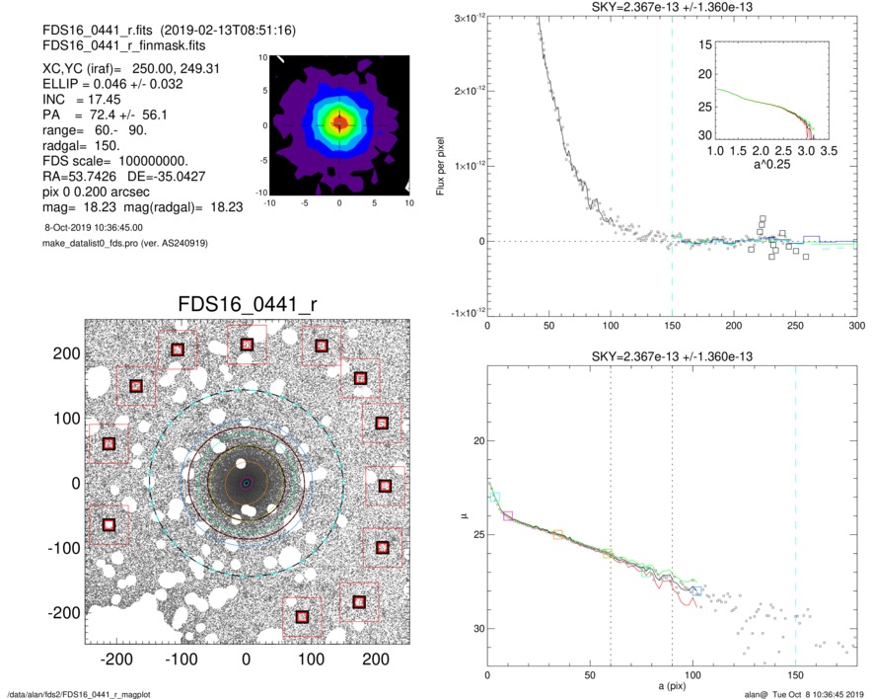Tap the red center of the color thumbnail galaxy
click(339, 123)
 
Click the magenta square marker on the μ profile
click(508, 515)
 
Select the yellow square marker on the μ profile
click(558, 535)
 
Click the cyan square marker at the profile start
click(495, 498)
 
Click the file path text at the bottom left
click(79, 694)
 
